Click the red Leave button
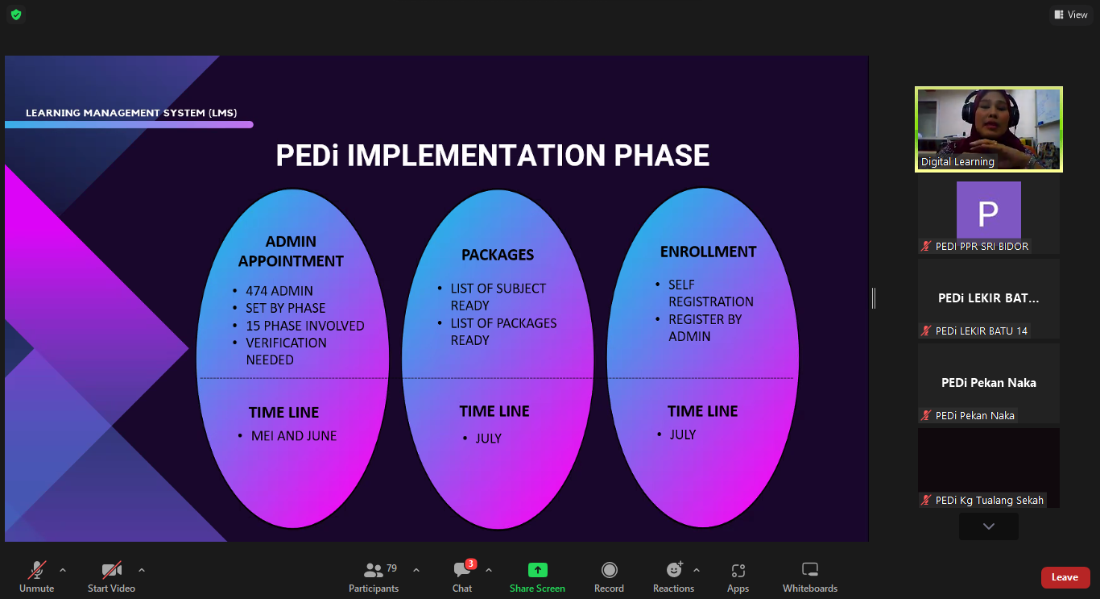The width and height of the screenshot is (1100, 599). [x=1065, y=577]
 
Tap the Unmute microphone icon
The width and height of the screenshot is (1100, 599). [x=37, y=570]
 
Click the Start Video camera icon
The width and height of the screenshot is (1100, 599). [x=111, y=570]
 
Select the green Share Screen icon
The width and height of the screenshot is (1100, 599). [x=537, y=570]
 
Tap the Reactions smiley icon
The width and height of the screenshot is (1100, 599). [x=675, y=569]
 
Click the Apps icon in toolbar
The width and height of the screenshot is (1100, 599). [x=738, y=571]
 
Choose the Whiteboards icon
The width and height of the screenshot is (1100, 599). [x=810, y=569]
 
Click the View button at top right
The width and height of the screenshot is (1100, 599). [x=1071, y=15]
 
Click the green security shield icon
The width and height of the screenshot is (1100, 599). [x=16, y=15]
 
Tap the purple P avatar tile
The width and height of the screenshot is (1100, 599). [x=989, y=210]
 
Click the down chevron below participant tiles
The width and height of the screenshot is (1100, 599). [x=989, y=526]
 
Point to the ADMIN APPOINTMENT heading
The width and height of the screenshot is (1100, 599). [x=291, y=252]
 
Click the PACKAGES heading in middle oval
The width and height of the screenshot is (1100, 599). [x=498, y=255]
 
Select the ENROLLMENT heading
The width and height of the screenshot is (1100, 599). [x=708, y=252]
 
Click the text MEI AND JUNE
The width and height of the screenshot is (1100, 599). [x=294, y=436]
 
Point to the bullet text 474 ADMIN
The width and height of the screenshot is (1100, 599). [x=279, y=291]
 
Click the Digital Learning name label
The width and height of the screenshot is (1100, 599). [x=957, y=162]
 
